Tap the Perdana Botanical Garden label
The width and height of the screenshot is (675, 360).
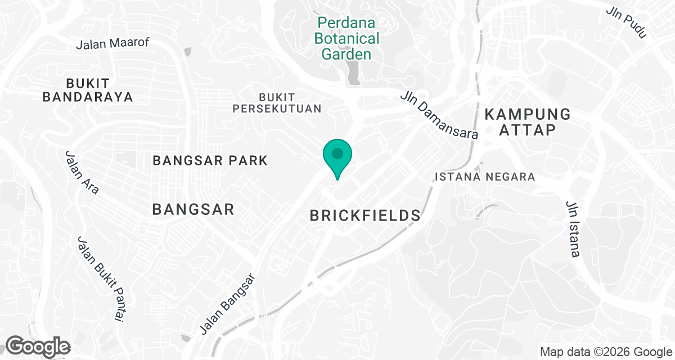(347, 39)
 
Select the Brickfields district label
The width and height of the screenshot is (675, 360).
(366, 215)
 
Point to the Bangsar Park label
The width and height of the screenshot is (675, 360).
(210, 161)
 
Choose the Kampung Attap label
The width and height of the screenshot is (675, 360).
(528, 122)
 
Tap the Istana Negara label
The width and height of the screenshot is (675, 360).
(485, 177)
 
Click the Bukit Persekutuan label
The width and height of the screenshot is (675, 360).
(277, 103)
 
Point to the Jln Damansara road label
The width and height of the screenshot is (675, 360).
(439, 115)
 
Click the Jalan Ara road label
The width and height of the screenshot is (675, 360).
(82, 172)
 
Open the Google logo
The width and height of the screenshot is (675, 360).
(38, 346)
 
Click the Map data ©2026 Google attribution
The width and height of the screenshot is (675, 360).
(606, 352)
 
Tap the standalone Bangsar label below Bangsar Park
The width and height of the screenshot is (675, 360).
(193, 210)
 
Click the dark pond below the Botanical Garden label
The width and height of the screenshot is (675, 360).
(354, 73)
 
